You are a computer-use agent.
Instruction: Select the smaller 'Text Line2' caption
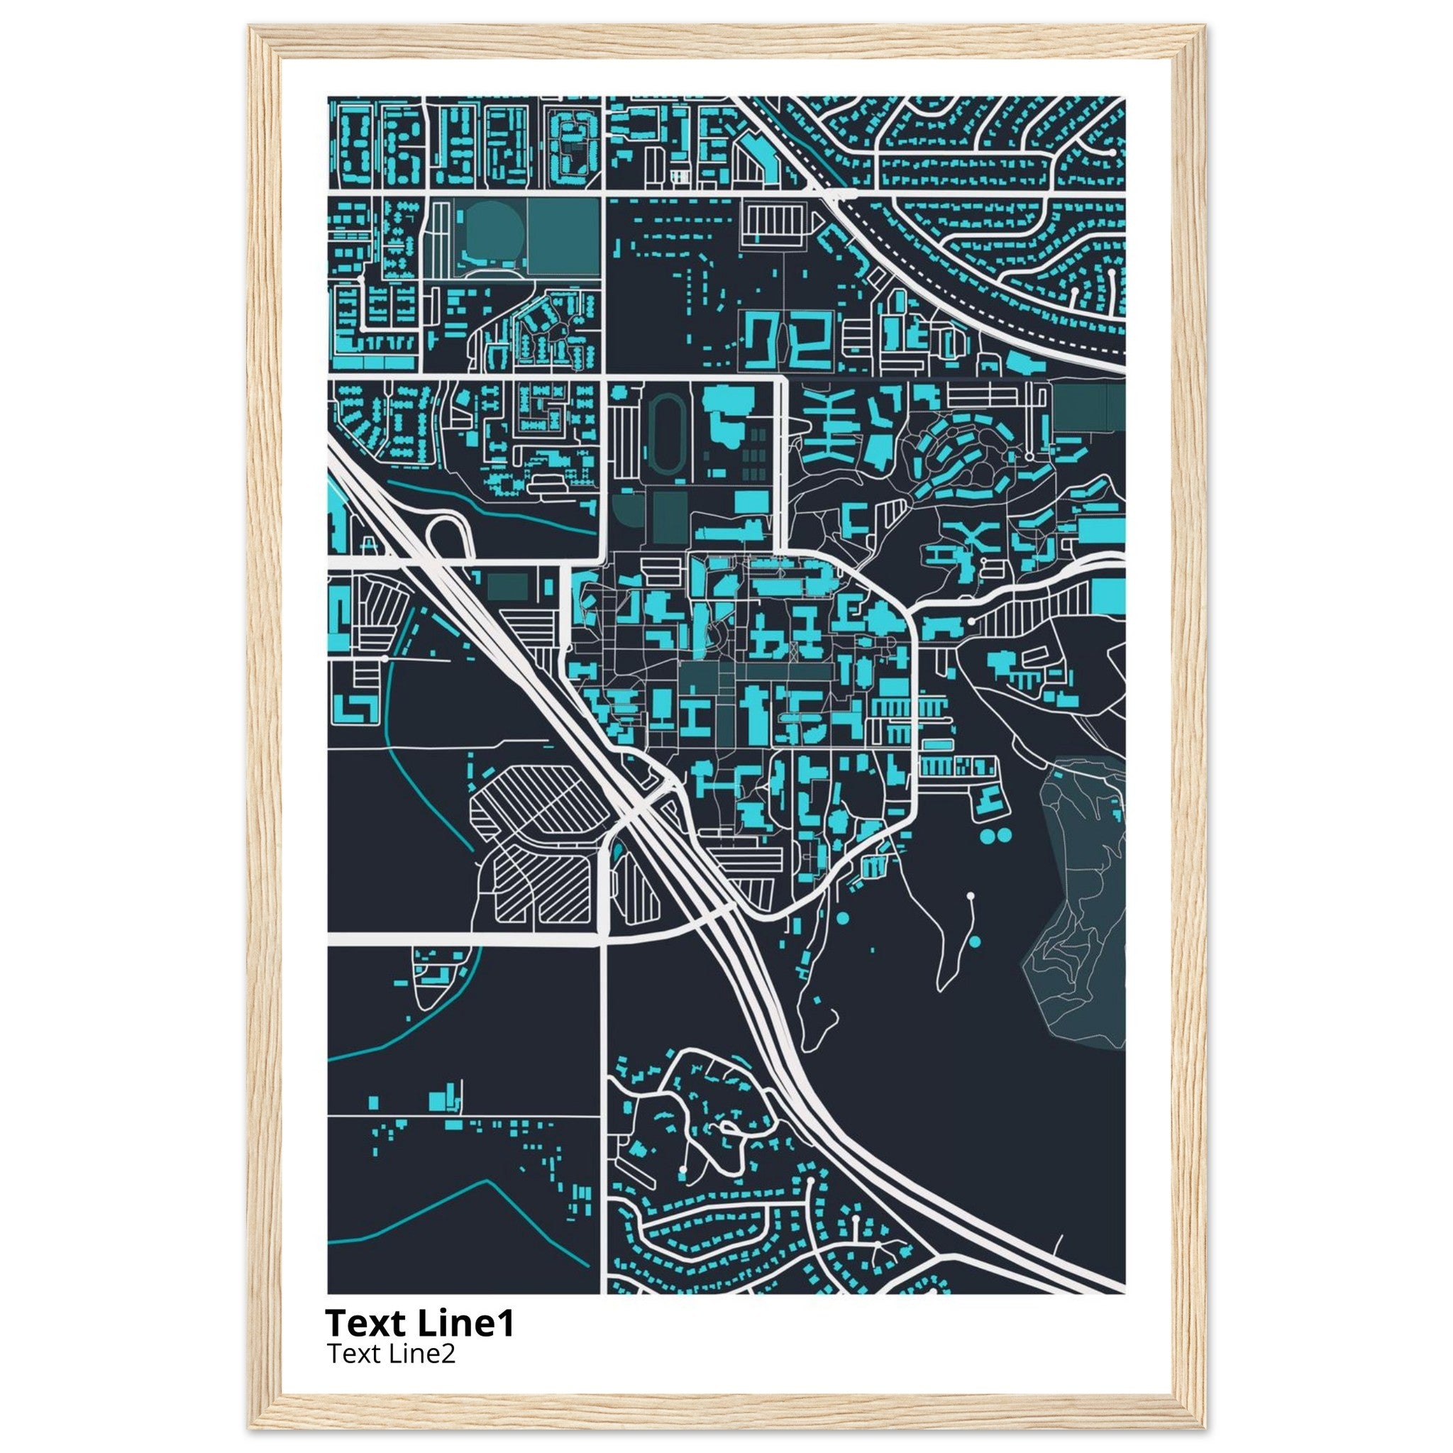[390, 1354]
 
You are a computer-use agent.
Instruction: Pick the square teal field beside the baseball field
[562, 235]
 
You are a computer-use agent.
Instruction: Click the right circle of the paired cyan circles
[1005, 834]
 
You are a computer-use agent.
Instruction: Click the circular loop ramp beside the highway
[449, 536]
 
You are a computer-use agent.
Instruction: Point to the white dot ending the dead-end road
[970, 896]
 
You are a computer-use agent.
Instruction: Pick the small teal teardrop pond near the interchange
[617, 851]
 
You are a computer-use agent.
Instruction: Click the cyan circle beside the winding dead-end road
[976, 941]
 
